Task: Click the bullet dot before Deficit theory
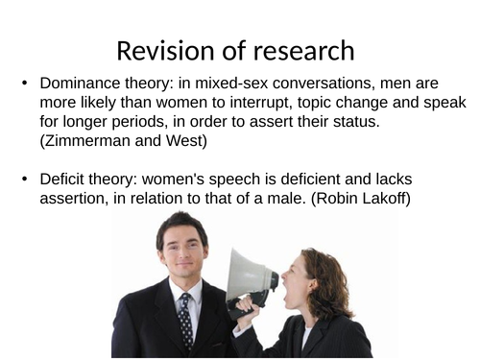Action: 24,180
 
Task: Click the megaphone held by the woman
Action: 252,279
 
